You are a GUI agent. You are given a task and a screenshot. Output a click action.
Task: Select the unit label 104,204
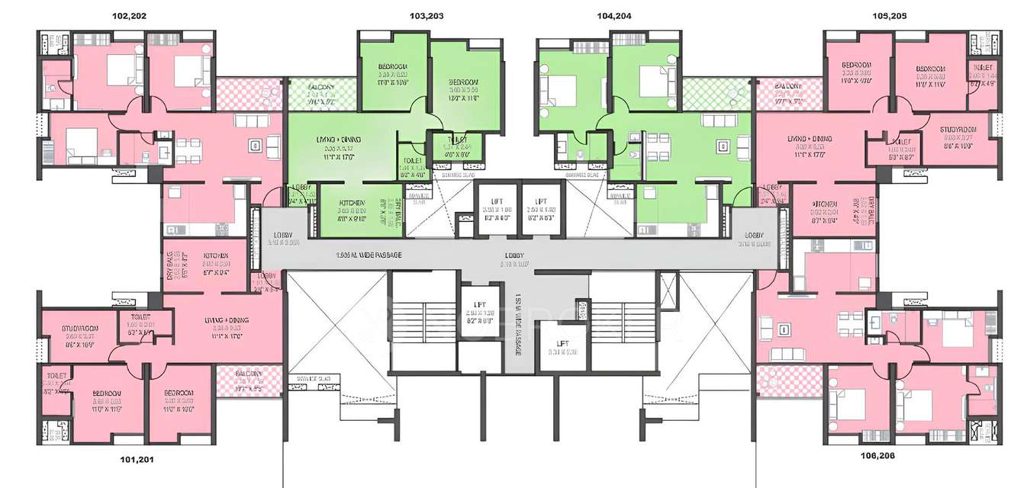click(613, 16)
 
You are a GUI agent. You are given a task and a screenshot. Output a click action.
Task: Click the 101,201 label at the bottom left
click(138, 460)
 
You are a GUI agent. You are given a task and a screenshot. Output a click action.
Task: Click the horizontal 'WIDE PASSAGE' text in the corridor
click(369, 254)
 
